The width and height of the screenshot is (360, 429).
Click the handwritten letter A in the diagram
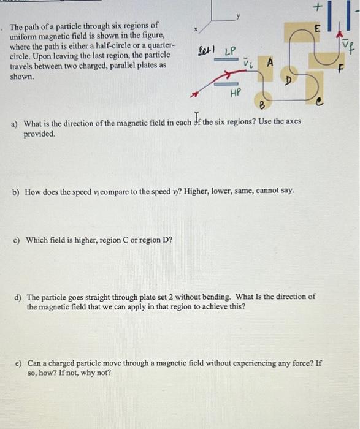(269, 62)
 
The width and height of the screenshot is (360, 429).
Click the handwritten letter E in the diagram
(317, 29)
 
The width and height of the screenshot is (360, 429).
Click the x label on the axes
(196, 29)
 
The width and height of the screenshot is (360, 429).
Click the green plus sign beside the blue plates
(316, 7)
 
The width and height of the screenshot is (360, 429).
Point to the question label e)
(18, 363)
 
